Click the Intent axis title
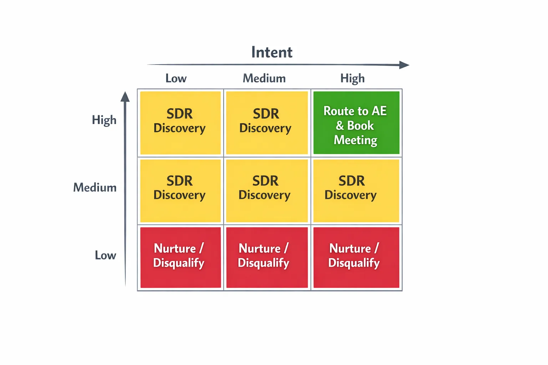[272, 52]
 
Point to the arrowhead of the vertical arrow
[125, 97]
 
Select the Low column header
[176, 78]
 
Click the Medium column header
[264, 78]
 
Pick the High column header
[352, 78]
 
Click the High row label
[104, 120]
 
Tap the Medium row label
[95, 187]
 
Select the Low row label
[105, 255]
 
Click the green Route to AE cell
[356, 123]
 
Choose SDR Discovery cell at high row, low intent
[180, 123]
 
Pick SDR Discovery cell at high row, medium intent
[267, 123]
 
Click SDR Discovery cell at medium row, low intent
[180, 191]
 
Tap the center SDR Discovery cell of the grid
[267, 191]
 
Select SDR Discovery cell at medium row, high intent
[356, 191]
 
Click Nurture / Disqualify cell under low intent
[180, 257]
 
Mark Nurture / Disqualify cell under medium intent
[267, 257]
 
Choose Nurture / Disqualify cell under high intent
[356, 257]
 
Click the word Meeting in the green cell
[355, 140]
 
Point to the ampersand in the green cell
[340, 126]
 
